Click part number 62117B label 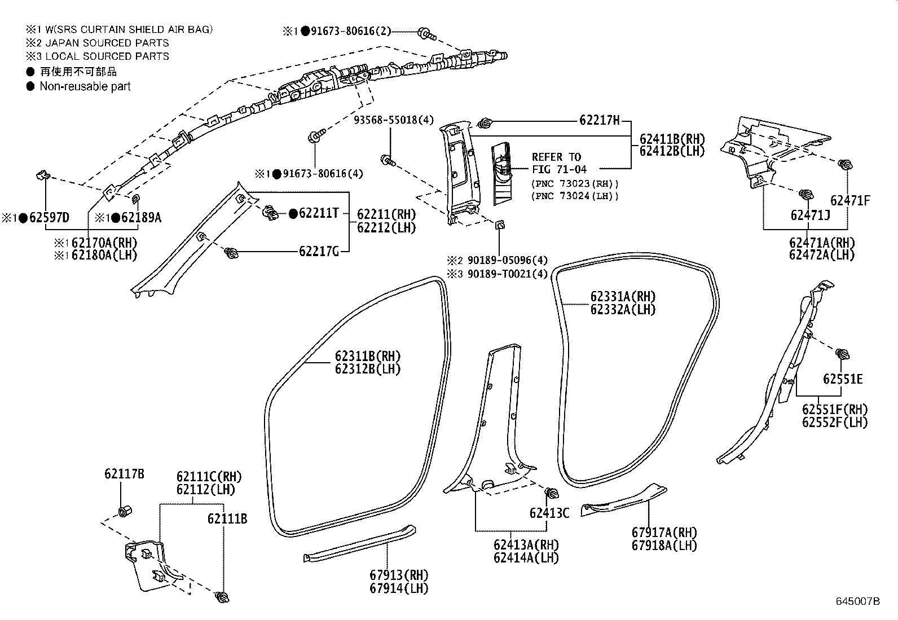point(124,474)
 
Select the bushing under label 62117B point(124,512)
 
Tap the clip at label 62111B point(223,597)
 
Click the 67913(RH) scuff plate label point(399,575)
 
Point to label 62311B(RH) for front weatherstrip point(367,357)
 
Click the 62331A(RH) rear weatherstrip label point(623,297)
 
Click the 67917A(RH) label point(664,533)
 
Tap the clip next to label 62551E point(843,355)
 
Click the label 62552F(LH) point(835,423)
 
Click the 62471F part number point(850,200)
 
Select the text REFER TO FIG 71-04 point(559,163)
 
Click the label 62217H point(599,120)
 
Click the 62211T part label point(319,213)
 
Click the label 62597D point(49,218)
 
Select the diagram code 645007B point(857,601)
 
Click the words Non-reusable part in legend point(85,86)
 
